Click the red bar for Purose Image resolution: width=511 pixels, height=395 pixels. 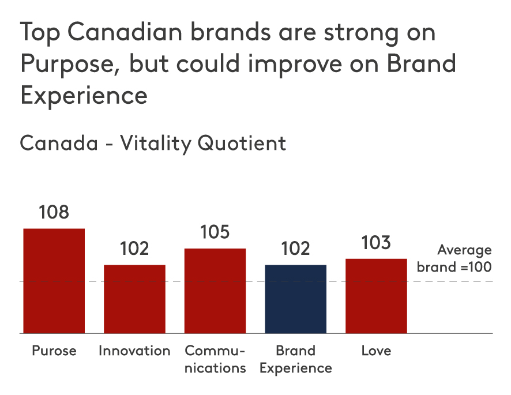coord(54,281)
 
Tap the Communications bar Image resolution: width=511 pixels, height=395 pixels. coord(215,291)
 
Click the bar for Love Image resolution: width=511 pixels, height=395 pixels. coord(376,296)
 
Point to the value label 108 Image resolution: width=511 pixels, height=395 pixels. coord(54,212)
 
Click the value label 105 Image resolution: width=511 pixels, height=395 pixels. coord(215,232)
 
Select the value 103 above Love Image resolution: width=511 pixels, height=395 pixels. coord(376,243)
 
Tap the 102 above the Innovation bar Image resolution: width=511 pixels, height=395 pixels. coord(134,249)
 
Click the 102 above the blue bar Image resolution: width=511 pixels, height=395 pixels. coord(296,249)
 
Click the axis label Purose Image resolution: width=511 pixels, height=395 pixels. coord(54,351)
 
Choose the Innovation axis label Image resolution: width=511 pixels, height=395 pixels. coord(134,351)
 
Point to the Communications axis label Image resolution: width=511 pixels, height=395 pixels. coord(215,359)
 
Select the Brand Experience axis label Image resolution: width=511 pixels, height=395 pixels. coord(296,359)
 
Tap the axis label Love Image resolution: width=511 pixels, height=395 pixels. coord(376,351)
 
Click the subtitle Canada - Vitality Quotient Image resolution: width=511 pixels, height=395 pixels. coord(153,143)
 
